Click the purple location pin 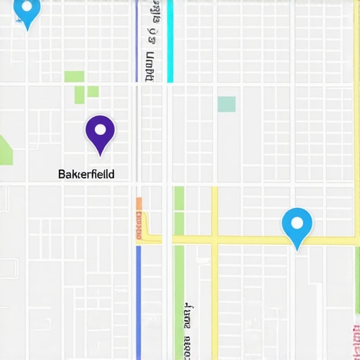click(100, 132)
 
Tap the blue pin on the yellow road click(297, 226)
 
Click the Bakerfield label click(86, 173)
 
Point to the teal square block click(226, 104)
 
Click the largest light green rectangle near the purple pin click(74, 77)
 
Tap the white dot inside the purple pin click(100, 129)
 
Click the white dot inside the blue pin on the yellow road click(297, 223)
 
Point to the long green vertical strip click(179, 281)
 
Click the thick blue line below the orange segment click(139, 302)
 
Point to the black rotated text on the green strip click(187, 330)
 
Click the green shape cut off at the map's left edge click(5, 150)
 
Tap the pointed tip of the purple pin click(100, 155)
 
